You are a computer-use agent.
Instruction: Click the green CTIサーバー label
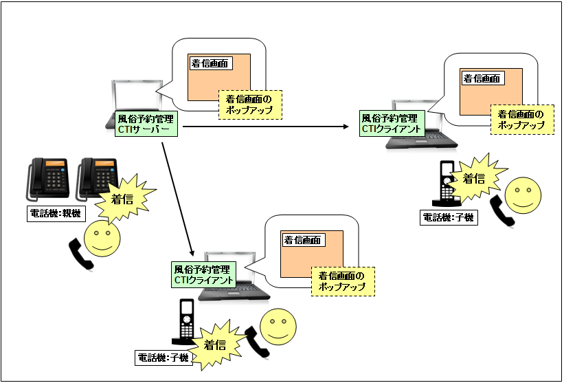146,124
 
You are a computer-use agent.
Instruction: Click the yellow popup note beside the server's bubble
249,105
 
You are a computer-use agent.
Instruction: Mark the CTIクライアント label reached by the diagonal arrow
203,274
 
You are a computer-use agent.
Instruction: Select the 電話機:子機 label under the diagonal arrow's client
163,358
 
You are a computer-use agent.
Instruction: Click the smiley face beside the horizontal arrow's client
523,194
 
